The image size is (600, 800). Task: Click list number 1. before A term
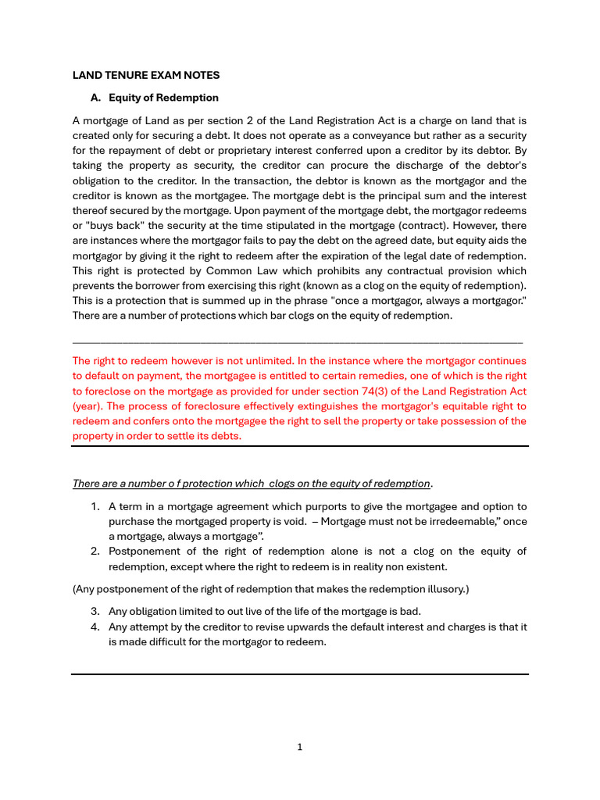(95, 506)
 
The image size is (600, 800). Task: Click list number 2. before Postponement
(95, 551)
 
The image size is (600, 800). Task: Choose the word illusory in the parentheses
(442, 588)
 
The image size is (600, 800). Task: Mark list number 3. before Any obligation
(95, 611)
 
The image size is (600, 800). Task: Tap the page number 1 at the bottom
(300, 747)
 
